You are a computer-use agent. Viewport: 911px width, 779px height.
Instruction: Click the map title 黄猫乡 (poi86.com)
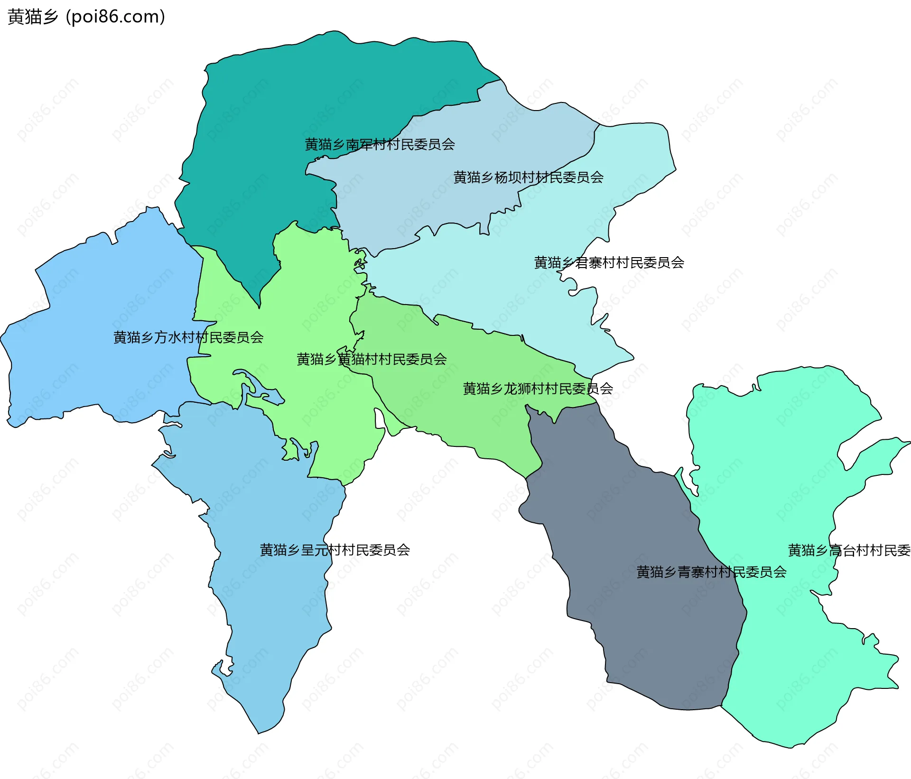pos(86,17)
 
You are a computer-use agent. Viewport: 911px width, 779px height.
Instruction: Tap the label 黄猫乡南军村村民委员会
pos(380,144)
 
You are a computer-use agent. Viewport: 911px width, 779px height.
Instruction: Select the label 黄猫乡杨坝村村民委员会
pos(528,177)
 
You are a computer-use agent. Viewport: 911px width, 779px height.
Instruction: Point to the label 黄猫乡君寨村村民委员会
pos(609,262)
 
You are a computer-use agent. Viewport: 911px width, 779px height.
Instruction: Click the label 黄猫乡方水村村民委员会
pos(188,337)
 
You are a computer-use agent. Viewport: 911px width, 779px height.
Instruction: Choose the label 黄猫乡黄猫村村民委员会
pos(372,359)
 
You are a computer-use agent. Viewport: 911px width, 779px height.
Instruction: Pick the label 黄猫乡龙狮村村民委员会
pos(538,389)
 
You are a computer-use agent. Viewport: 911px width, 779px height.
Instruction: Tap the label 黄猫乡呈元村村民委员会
pos(335,550)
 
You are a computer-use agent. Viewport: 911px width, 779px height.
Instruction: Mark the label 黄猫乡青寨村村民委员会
pos(711,572)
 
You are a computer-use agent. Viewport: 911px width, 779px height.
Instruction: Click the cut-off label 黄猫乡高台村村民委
pos(849,550)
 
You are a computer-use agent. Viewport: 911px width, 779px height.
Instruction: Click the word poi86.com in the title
pos(115,17)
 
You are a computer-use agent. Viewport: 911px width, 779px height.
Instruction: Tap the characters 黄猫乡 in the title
pos(33,17)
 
